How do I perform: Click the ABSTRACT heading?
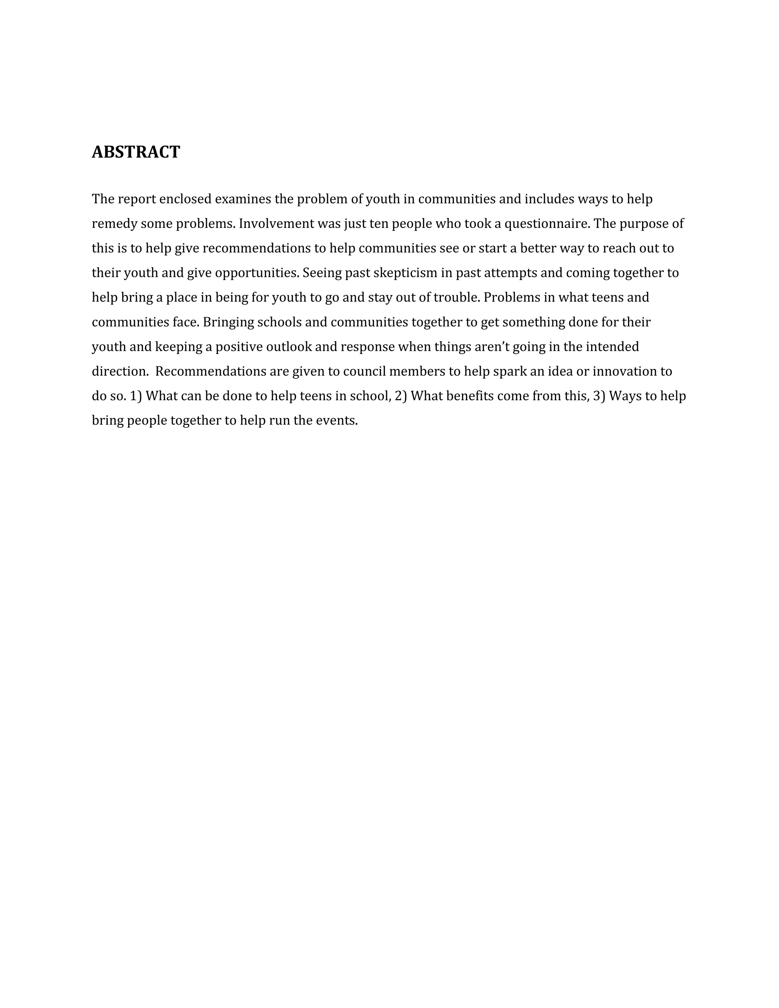136,152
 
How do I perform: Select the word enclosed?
185,199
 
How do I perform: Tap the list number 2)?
401,396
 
